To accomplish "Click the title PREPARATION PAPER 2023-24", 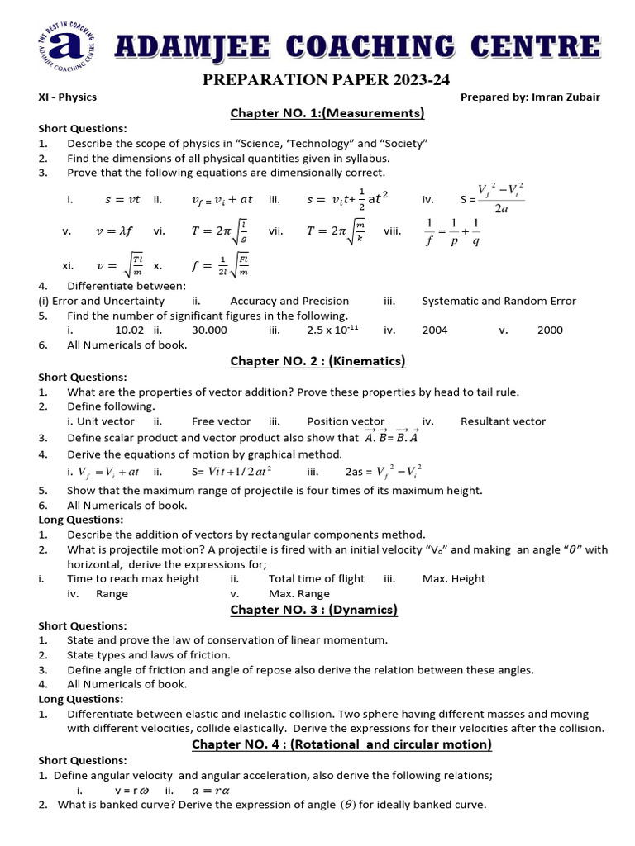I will click(317, 79).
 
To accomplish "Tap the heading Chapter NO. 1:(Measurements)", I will click(327, 113).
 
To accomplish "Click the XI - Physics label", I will click(68, 97).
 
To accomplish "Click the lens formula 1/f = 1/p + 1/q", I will click(452, 232).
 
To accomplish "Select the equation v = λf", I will click(115, 231).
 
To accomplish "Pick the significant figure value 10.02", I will click(130, 330).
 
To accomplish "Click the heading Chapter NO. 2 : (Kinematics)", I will click(317, 361).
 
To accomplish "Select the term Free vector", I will click(221, 421).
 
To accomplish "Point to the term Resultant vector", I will click(503, 421).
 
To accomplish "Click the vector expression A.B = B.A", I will click(392, 437).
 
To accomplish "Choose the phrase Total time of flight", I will click(316, 578).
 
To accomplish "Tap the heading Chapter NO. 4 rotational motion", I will click(341, 744).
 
